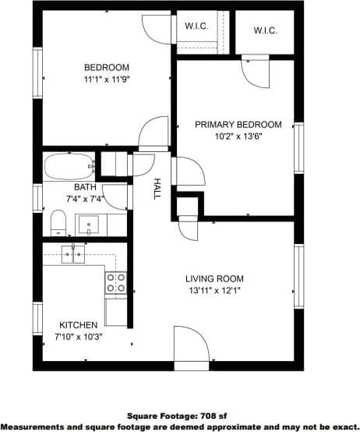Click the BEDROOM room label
point(107,68)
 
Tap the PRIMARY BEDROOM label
point(238,124)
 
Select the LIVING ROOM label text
point(214,278)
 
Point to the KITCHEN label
point(79,325)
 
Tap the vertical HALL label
point(157,189)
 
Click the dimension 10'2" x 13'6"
point(238,136)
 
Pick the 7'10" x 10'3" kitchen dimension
point(79,337)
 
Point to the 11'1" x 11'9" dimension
point(107,80)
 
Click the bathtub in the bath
point(69,167)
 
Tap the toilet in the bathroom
point(58,222)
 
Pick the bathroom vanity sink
point(89,225)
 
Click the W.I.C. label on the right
point(266,30)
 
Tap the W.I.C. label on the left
point(196,26)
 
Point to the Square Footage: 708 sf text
point(179,416)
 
